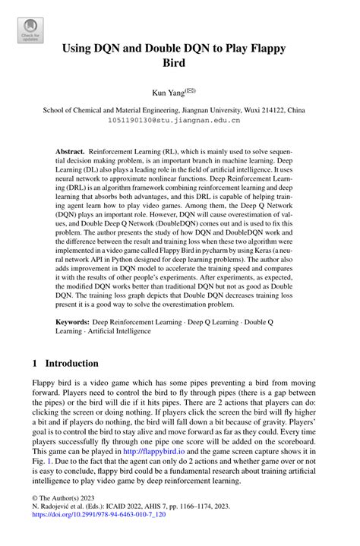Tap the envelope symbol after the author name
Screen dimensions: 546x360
point(191,90)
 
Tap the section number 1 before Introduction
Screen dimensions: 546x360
point(36,363)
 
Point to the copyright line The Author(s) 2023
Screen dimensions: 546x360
point(62,513)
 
